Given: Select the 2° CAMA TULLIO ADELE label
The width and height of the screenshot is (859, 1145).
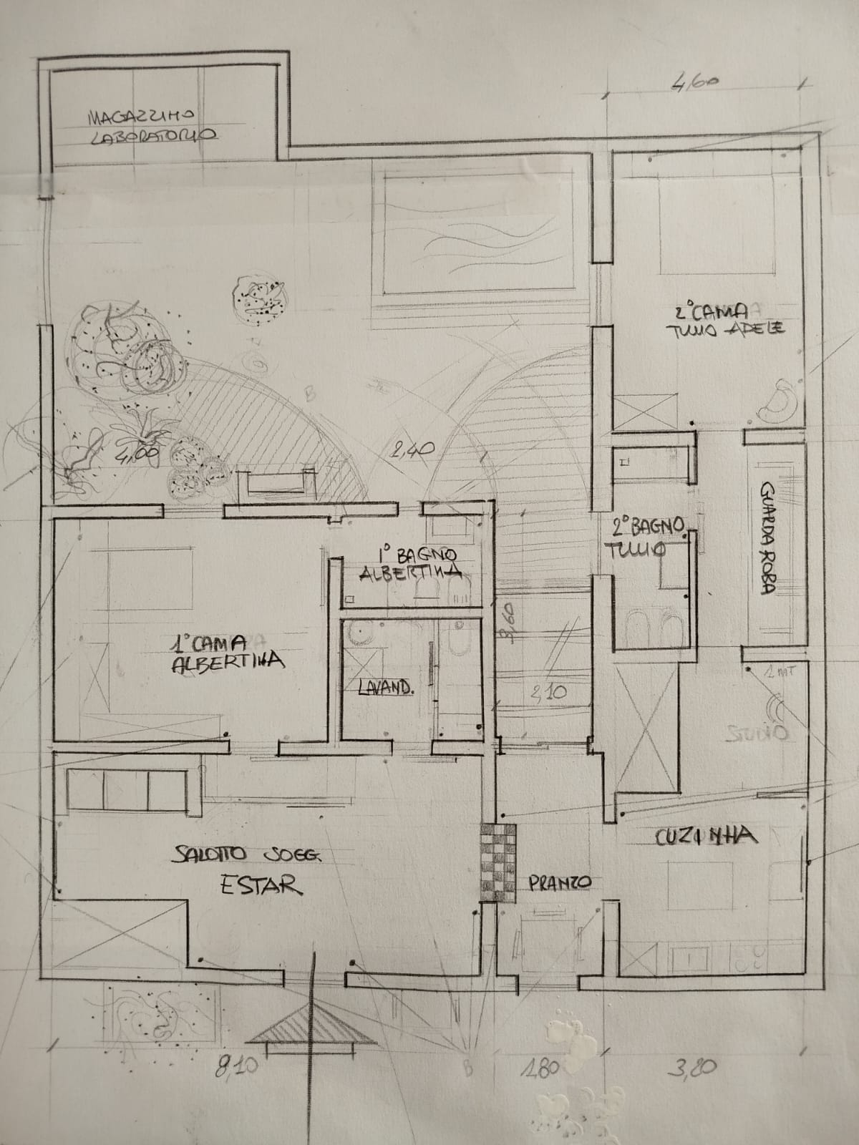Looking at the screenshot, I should pyautogui.click(x=730, y=321).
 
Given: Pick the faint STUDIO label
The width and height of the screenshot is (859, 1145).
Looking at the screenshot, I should pyautogui.click(x=757, y=733).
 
